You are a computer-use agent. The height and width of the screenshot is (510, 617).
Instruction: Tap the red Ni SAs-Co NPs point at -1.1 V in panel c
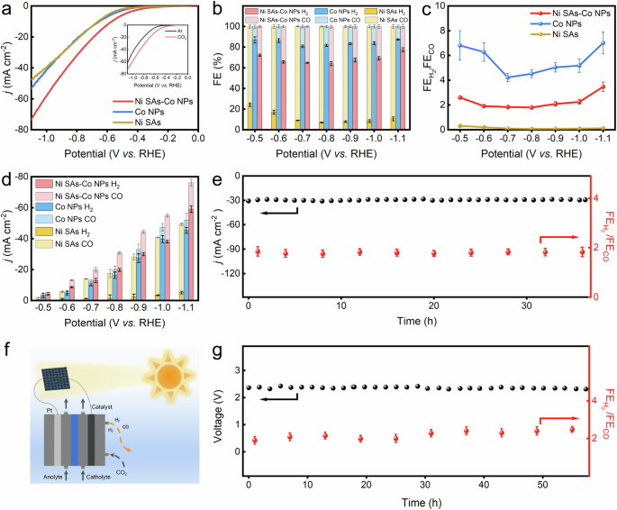(x=603, y=87)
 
